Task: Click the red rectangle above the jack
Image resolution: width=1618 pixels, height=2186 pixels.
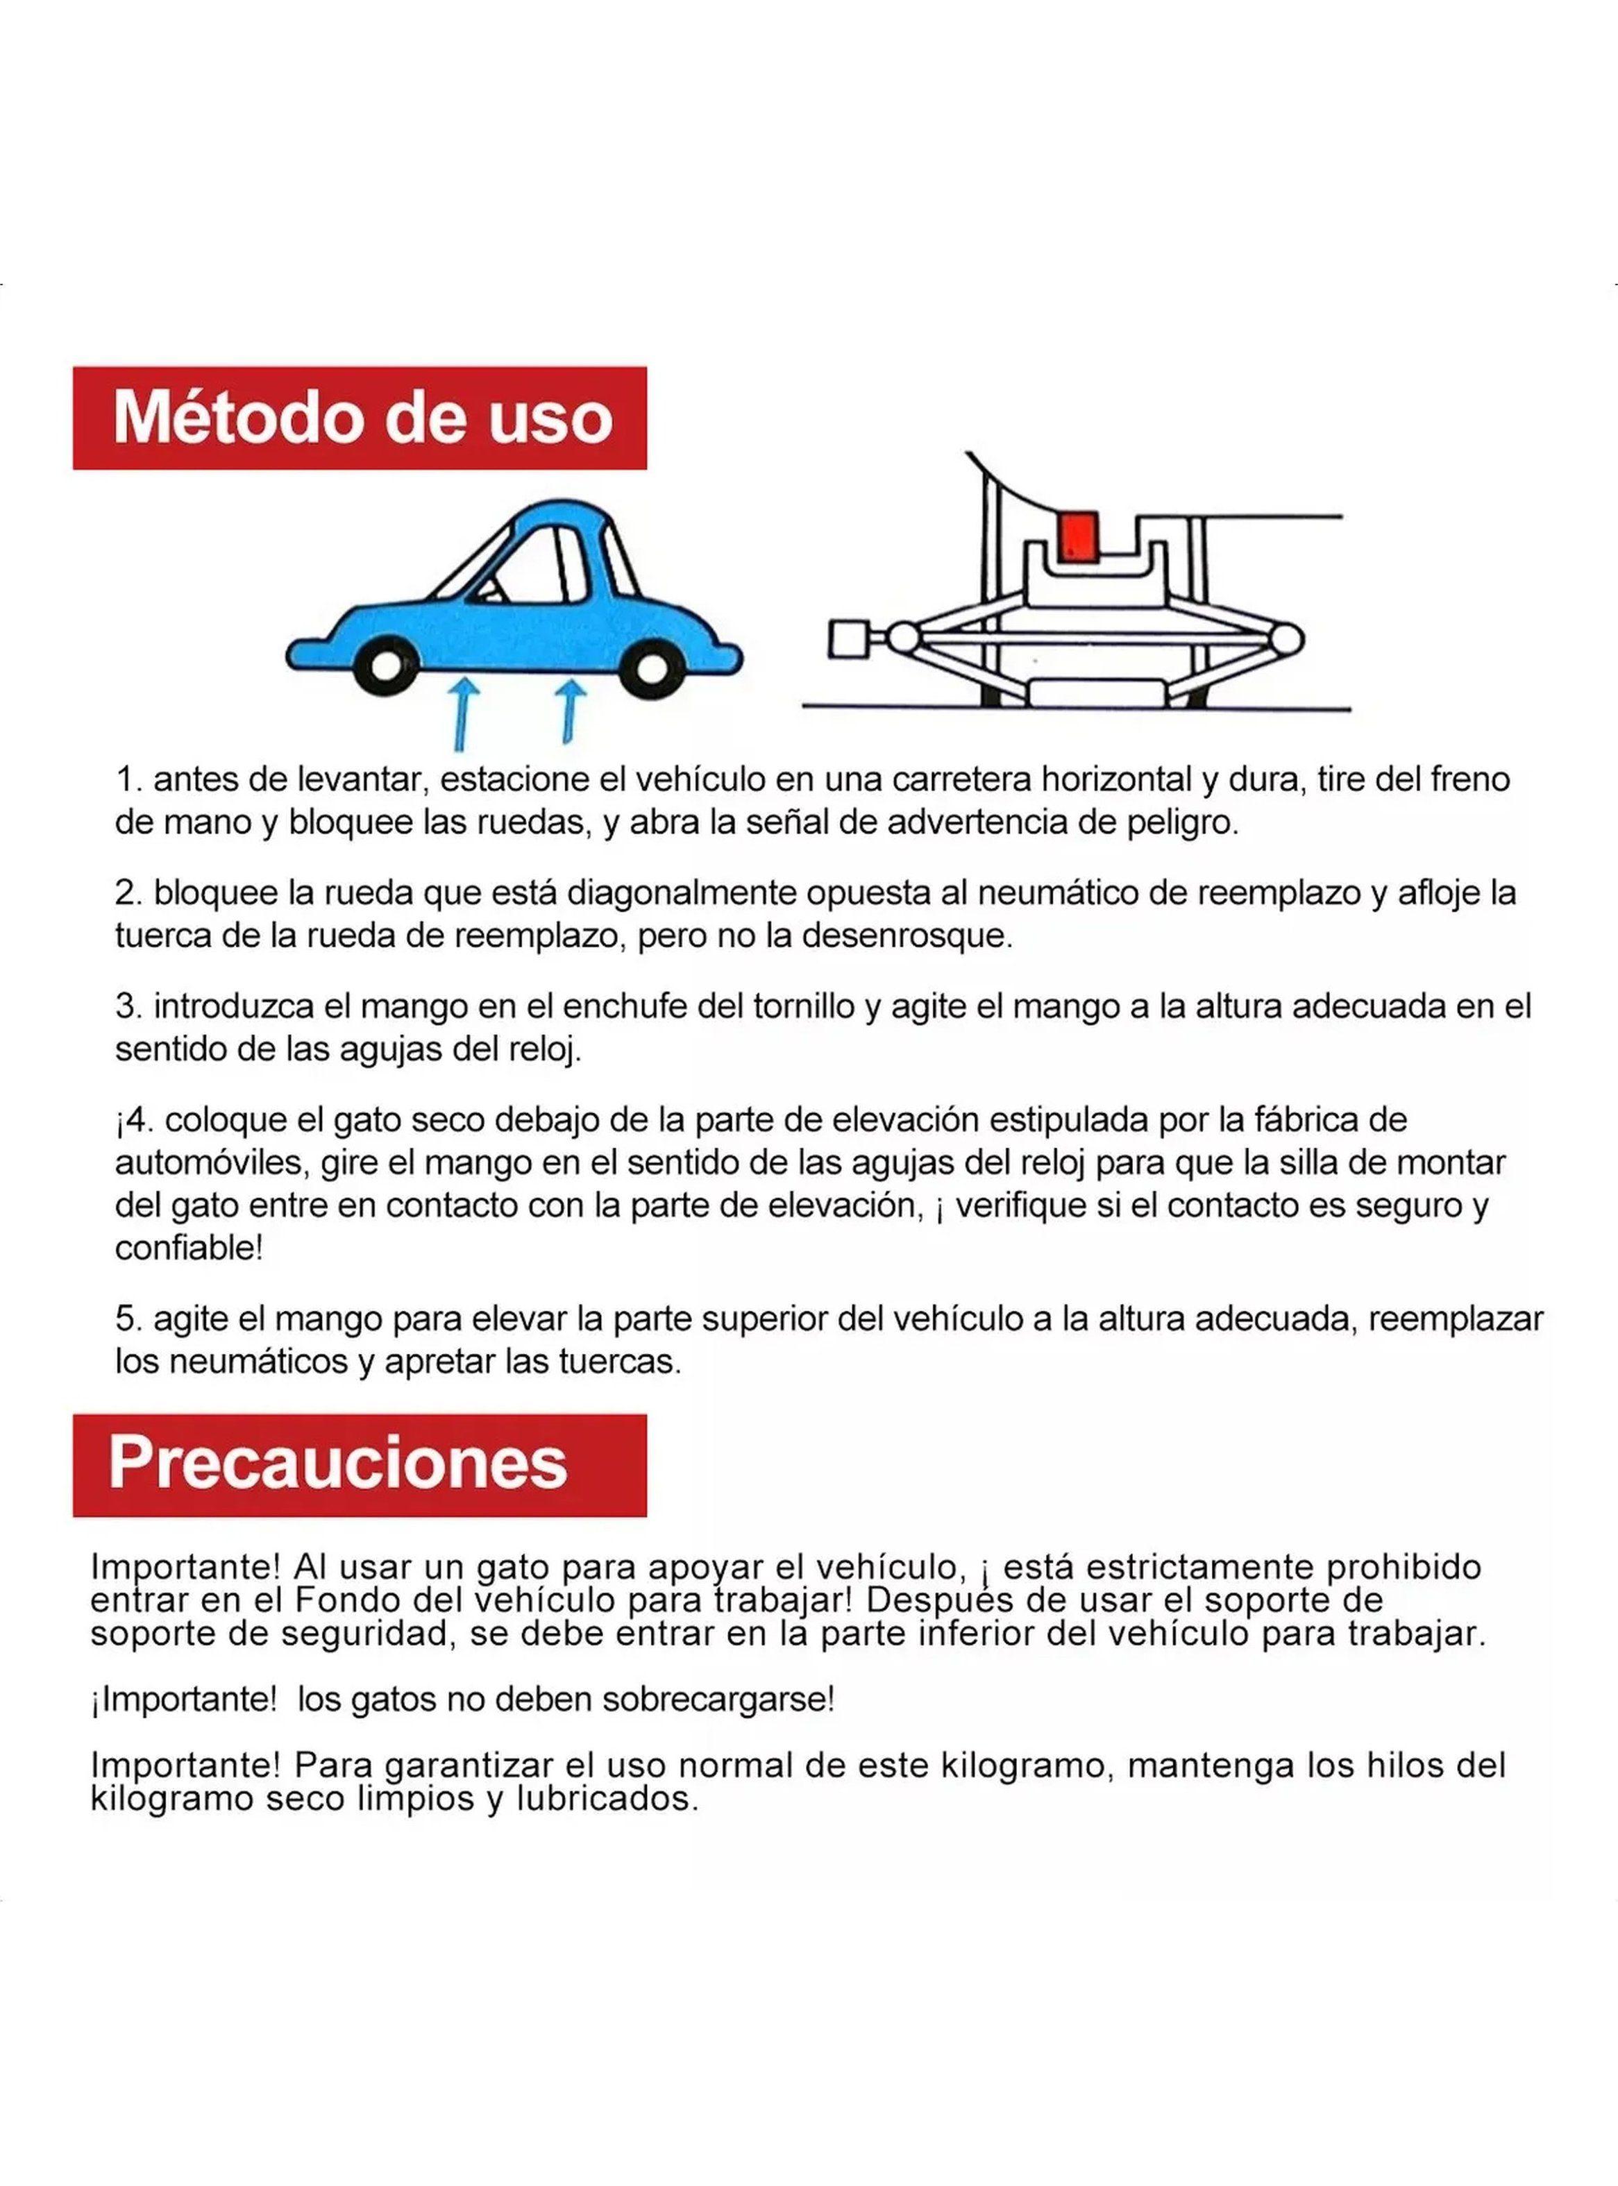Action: pyautogui.click(x=1079, y=536)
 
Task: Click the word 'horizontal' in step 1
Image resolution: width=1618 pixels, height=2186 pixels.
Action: pyautogui.click(x=1115, y=780)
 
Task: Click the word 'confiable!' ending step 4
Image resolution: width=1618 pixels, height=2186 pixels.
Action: pyautogui.click(x=189, y=1248)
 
